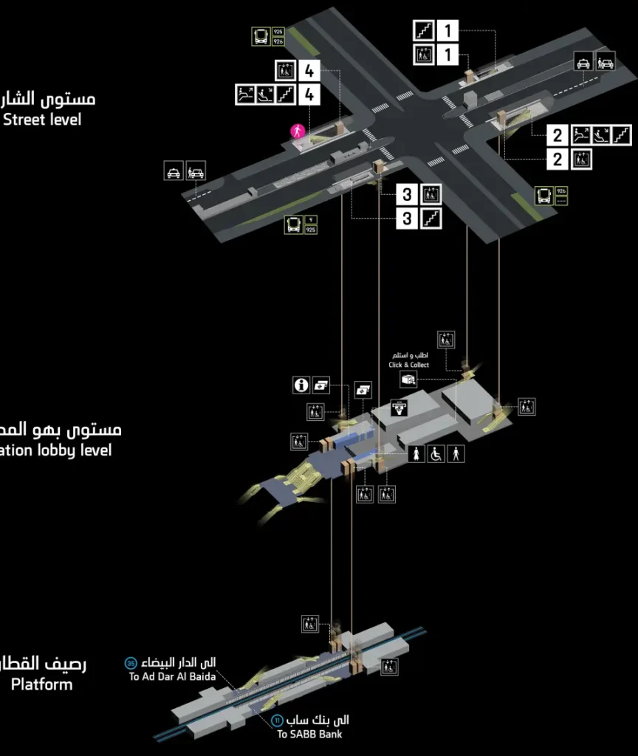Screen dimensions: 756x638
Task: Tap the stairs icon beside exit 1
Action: pos(423,31)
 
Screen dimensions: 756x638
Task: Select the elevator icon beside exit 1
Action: pos(423,54)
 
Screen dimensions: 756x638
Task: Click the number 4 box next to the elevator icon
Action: pos(309,72)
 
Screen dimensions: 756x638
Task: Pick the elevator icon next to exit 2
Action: pos(581,158)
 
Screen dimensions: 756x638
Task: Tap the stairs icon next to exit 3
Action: pos(431,218)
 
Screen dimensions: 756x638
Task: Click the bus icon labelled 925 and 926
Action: pos(261,36)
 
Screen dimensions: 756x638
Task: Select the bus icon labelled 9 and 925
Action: pos(295,224)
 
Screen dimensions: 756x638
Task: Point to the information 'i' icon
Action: pos(301,385)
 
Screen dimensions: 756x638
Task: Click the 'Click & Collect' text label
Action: pos(409,365)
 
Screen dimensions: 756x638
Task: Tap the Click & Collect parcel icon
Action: pos(408,379)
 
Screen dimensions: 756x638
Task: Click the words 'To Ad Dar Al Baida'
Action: pos(172,676)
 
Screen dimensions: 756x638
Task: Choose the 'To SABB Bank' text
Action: pos(309,734)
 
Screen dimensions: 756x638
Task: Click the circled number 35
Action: pos(131,663)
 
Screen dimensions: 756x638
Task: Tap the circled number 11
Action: pos(277,720)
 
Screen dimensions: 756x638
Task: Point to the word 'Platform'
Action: pos(42,684)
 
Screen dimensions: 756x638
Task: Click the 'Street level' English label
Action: pos(44,119)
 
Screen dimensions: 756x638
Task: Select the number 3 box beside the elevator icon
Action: pos(407,195)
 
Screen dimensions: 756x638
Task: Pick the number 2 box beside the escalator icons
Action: pos(558,135)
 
